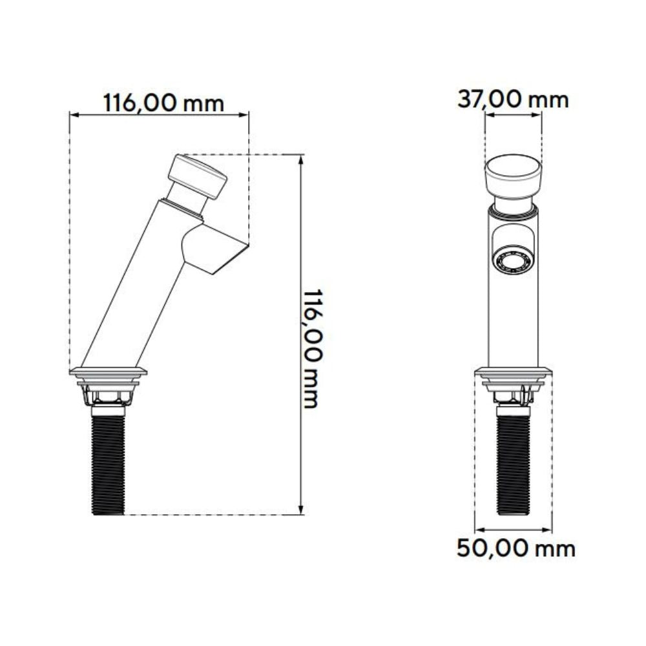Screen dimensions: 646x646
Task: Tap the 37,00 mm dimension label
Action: click(513, 99)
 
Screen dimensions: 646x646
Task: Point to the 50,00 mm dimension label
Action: click(515, 549)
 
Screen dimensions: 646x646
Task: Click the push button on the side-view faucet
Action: click(198, 176)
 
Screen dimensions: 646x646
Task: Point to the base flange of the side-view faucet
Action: click(109, 371)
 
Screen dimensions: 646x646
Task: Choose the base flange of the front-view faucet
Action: click(514, 371)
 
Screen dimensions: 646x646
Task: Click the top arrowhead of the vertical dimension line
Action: click(301, 159)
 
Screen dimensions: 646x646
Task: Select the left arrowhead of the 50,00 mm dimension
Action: click(479, 530)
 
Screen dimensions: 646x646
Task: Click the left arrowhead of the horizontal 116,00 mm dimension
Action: click(73, 115)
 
